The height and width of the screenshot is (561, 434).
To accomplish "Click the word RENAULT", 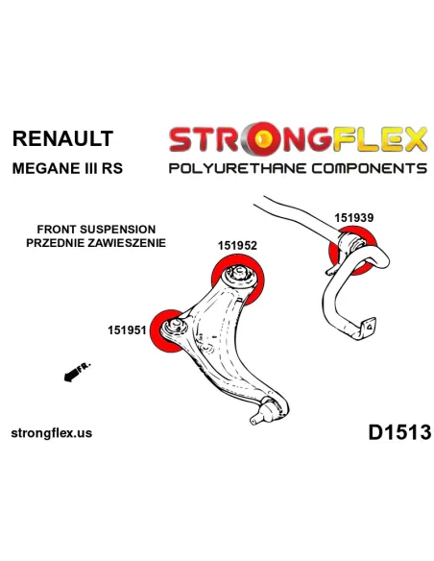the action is tap(62, 138).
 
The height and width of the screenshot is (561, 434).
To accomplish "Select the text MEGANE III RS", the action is tap(67, 168).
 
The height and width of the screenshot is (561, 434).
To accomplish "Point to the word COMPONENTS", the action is tap(369, 168).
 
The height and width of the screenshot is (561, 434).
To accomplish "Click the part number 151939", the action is tap(354, 218).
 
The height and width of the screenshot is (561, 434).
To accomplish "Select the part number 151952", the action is tap(237, 246).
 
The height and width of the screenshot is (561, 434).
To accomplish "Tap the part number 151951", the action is tap(128, 330).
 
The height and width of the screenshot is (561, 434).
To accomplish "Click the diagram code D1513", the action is tap(399, 432).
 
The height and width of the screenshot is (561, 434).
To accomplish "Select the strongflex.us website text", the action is tap(52, 433).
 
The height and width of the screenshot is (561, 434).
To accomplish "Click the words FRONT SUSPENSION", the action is tap(96, 229).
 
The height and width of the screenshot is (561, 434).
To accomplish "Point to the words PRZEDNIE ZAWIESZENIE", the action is tap(96, 243).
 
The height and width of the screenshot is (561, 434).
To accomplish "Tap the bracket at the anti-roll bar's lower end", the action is tap(367, 328).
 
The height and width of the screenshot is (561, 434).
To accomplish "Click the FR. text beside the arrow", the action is tap(84, 367).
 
